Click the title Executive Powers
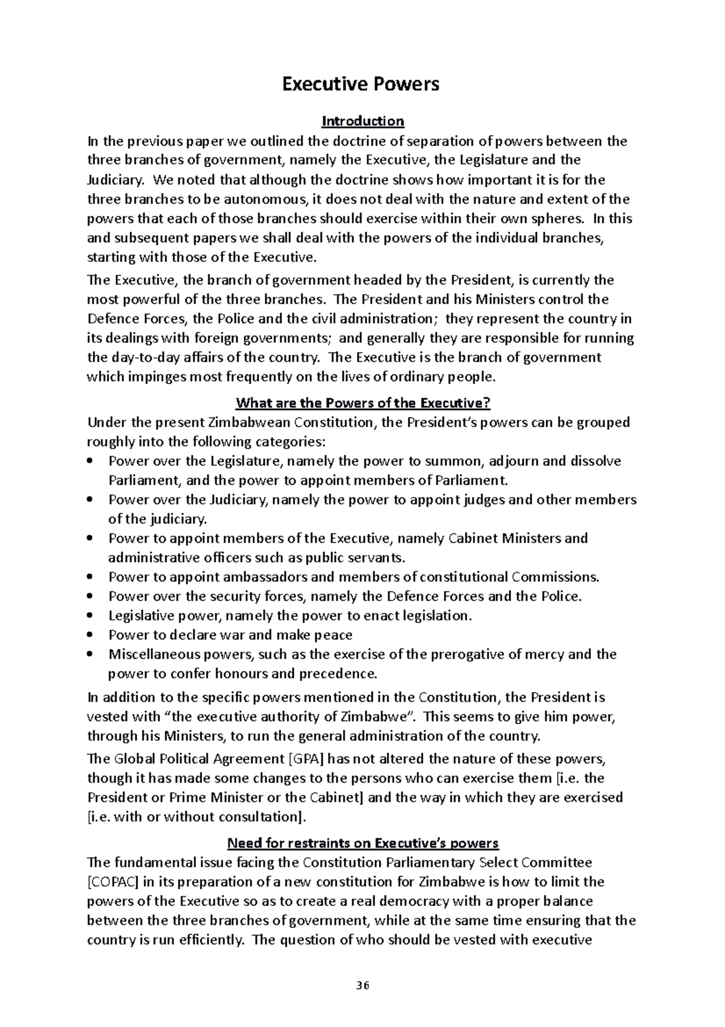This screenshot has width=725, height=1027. (x=361, y=84)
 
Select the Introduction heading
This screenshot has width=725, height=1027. (x=362, y=122)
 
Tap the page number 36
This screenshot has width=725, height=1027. (x=362, y=986)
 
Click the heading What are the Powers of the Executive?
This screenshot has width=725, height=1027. (x=362, y=403)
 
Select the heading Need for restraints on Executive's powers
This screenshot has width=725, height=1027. (x=362, y=843)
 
